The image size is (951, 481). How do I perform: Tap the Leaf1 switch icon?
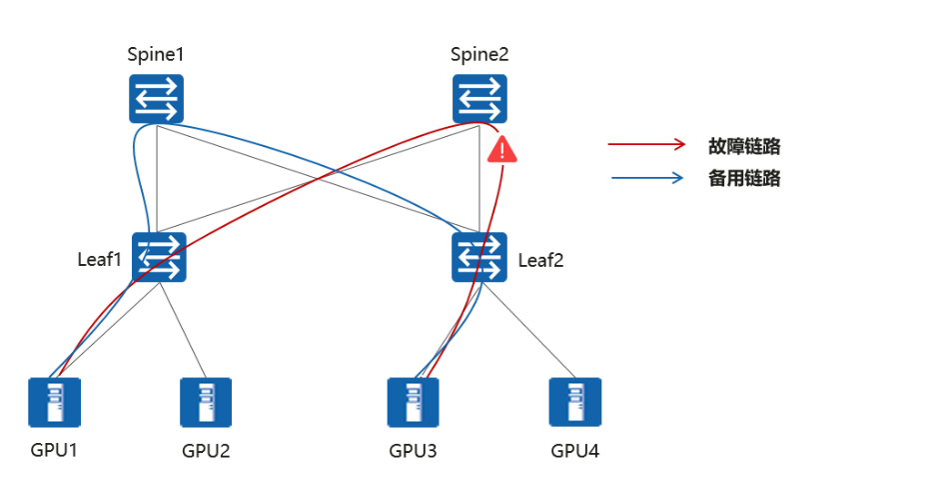tap(159, 256)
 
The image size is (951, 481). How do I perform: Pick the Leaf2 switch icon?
tap(480, 256)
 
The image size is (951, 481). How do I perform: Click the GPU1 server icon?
tap(55, 402)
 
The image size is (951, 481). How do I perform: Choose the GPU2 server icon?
tap(206, 402)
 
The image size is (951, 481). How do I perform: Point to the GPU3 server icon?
tap(413, 402)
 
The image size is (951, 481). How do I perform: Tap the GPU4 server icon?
tap(574, 402)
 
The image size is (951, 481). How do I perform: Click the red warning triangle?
tap(502, 151)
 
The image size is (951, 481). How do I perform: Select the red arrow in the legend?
tap(646, 145)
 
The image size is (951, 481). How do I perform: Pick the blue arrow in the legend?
tap(646, 179)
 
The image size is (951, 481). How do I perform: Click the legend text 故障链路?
tap(744, 146)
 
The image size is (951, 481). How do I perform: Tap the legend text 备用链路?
tap(744, 179)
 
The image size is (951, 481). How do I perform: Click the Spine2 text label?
tap(479, 54)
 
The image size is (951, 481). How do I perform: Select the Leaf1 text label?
tap(100, 260)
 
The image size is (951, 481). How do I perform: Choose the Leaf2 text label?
tap(541, 261)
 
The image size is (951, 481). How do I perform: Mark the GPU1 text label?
tap(55, 449)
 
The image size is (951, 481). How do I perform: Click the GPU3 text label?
tap(413, 450)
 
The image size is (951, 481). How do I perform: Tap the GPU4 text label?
tap(575, 450)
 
